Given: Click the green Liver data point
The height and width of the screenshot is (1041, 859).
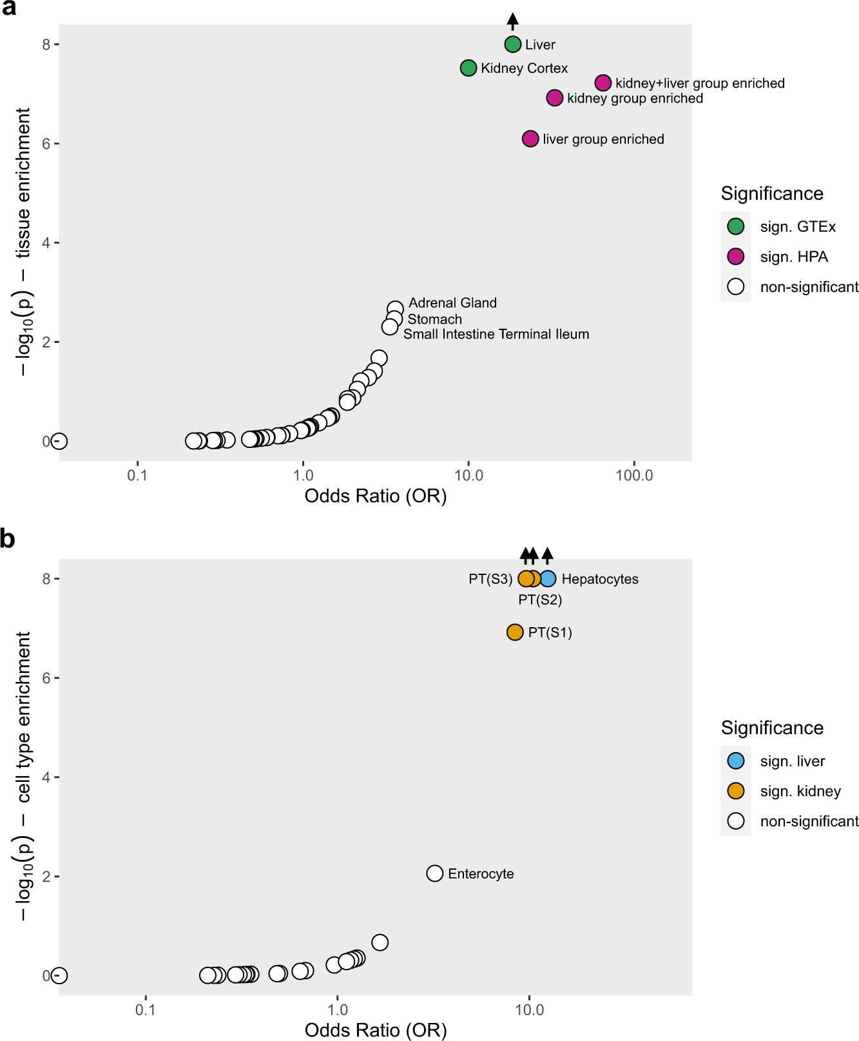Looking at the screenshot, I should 512,44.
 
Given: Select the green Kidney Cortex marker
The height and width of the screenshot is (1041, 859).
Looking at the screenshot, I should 468,68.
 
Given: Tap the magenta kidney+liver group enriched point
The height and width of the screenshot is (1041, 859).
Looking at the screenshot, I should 603,83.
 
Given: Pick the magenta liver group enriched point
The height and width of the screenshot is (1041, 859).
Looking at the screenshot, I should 530,139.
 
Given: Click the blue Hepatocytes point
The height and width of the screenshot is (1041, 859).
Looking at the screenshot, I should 548,579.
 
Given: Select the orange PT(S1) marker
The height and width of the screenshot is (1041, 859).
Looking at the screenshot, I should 515,632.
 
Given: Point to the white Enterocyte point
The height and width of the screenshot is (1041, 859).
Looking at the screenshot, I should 435,873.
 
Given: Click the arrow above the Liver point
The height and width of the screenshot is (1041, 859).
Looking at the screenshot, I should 512,21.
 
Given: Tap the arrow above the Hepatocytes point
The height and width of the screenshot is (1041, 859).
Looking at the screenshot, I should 548,555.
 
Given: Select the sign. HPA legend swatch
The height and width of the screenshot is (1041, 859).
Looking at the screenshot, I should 735,257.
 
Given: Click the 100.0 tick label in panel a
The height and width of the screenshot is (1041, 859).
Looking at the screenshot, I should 634,476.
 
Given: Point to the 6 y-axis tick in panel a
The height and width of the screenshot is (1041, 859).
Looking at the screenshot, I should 46,144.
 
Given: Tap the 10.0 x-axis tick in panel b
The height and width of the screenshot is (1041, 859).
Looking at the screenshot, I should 529,1010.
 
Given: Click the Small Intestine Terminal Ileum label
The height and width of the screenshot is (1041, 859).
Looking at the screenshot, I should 496,334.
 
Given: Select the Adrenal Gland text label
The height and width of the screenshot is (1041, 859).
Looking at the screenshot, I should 452,303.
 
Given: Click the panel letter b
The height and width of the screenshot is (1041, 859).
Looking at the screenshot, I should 8,539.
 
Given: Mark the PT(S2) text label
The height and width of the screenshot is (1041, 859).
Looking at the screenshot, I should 540,600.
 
